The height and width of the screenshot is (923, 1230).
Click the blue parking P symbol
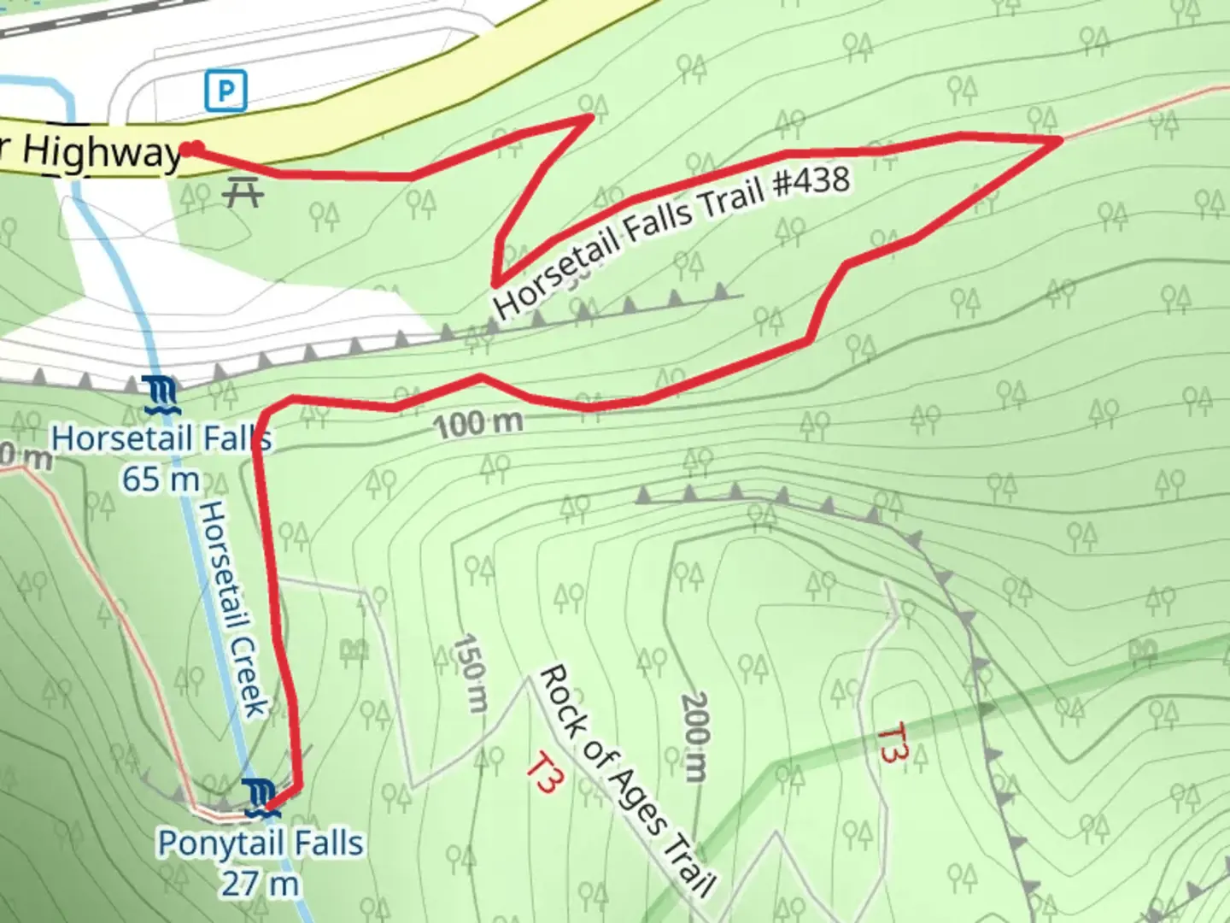(225, 91)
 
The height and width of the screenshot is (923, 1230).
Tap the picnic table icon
(243, 192)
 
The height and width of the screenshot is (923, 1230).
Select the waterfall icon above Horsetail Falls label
(162, 395)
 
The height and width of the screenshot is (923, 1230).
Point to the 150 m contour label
(471, 673)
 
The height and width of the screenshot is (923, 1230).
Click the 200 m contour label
(694, 737)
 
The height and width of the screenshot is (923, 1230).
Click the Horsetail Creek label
(233, 608)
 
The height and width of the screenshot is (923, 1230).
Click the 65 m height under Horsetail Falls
(161, 479)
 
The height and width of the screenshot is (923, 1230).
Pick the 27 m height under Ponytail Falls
(261, 883)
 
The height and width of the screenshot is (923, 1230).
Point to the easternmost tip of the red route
(1060, 138)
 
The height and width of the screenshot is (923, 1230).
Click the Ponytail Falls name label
(261, 844)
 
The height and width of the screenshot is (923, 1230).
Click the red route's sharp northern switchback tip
(590, 117)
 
